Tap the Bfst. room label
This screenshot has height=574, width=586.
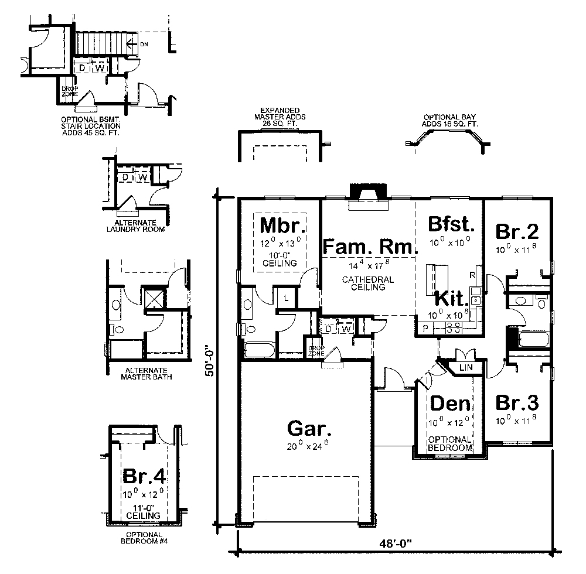(450, 224)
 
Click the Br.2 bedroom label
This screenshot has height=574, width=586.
(517, 231)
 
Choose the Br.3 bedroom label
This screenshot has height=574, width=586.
(517, 404)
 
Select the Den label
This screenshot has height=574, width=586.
(451, 404)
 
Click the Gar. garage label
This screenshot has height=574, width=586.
(309, 428)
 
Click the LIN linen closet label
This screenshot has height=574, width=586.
(466, 367)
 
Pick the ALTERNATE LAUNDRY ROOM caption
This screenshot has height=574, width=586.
(135, 226)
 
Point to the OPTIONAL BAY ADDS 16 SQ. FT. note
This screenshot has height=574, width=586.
(451, 121)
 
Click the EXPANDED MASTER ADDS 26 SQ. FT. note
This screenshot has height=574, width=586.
(281, 117)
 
